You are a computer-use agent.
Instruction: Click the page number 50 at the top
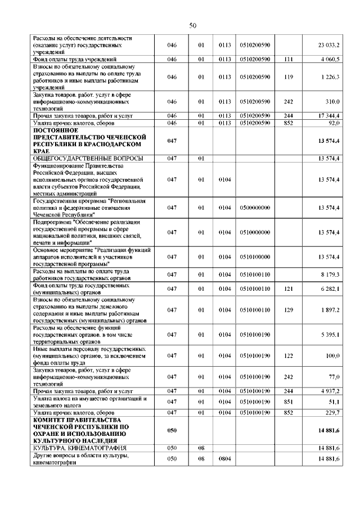point(192,25)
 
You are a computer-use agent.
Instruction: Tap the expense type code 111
point(289,58)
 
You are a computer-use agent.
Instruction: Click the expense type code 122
point(289,356)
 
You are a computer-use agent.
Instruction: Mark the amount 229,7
point(331,413)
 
